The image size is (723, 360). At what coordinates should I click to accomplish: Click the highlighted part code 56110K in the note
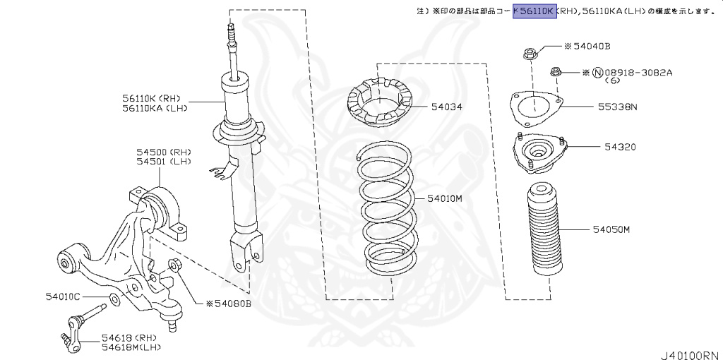pos(534,11)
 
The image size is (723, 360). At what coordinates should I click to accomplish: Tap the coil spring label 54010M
pos(444,199)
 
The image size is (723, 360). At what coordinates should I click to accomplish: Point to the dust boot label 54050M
pos(611,229)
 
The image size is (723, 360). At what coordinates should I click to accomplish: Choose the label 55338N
pos(618,107)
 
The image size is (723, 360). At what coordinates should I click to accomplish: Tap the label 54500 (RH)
pos(164,152)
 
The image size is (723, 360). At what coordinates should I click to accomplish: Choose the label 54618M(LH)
pos(131,347)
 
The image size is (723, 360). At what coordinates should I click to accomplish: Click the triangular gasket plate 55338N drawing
pos(535,107)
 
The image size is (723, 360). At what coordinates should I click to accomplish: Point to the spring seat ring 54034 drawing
pos(380,106)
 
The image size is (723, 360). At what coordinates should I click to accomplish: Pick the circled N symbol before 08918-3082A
pos(597,72)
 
